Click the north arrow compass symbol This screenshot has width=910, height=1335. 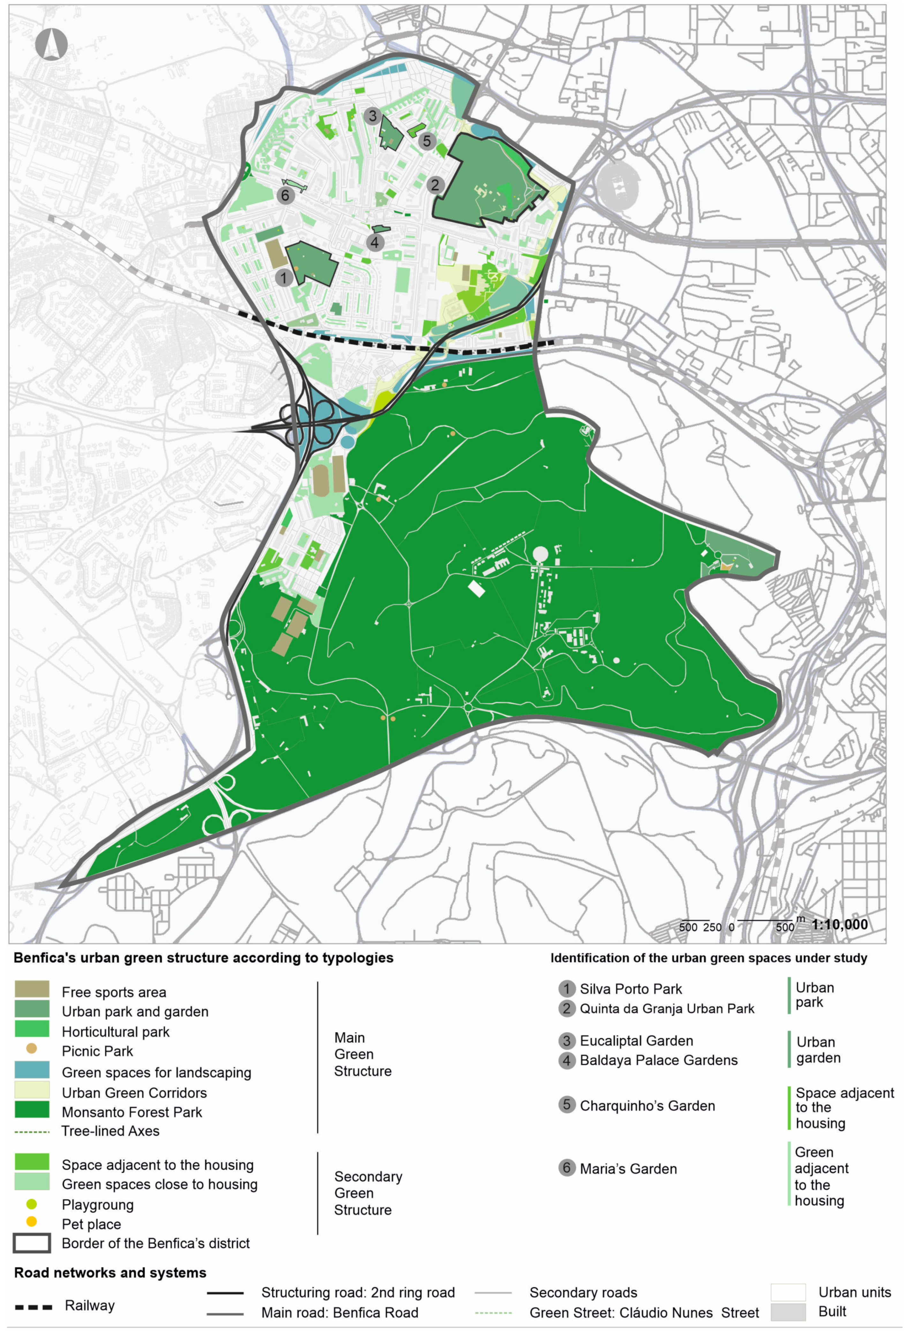click(x=51, y=44)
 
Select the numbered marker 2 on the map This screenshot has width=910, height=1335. click(x=435, y=184)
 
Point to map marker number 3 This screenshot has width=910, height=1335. click(x=372, y=116)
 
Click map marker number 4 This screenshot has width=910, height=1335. click(x=375, y=242)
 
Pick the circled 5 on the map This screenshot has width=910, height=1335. click(x=426, y=141)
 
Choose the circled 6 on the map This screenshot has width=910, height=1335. click(x=285, y=195)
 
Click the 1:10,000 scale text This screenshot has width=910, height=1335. click(x=839, y=924)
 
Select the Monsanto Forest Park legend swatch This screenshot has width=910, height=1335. click(x=32, y=1109)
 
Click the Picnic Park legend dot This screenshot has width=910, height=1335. click(x=32, y=1048)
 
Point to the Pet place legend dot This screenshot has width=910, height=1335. click(x=32, y=1221)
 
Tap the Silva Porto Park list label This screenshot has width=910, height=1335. click(x=630, y=989)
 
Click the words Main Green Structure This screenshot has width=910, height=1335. click(x=362, y=1054)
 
